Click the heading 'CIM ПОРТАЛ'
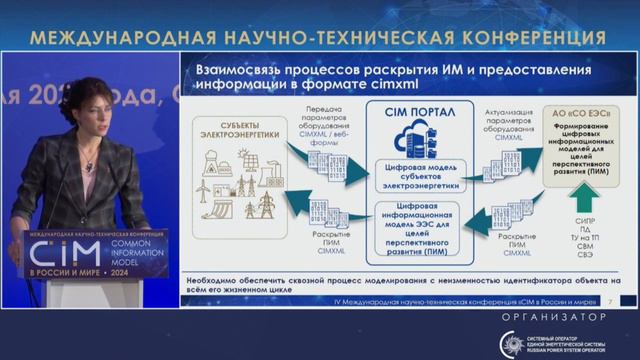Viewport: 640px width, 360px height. (409, 114)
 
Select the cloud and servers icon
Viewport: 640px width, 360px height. (409, 141)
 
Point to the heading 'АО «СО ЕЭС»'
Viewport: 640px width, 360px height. (587, 111)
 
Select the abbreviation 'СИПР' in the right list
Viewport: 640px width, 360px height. (586, 219)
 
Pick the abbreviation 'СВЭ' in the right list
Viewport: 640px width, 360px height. (586, 257)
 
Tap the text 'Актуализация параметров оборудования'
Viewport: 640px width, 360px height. (507, 120)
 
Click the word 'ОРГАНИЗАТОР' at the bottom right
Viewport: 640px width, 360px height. (559, 317)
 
